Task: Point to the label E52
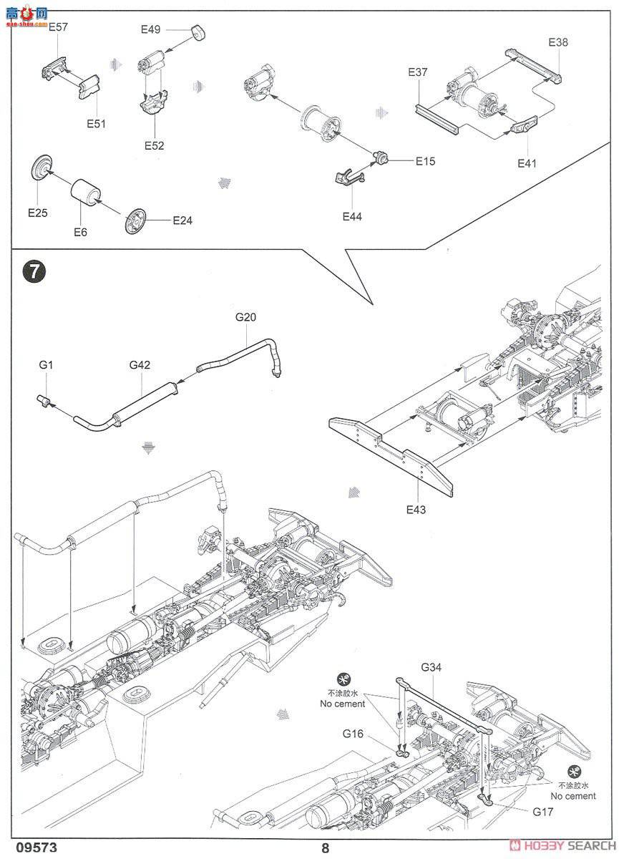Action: (153, 145)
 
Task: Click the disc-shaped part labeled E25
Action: (43, 168)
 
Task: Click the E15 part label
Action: (425, 161)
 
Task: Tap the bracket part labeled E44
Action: (347, 175)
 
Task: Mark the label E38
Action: (558, 42)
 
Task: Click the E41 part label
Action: (527, 163)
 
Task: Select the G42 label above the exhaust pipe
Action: (140, 365)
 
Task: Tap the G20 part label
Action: (245, 316)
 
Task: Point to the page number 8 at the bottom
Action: (326, 848)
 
